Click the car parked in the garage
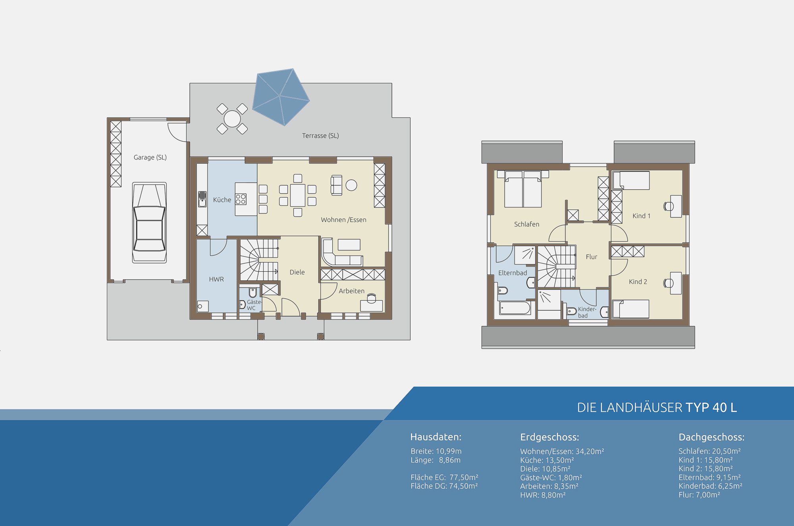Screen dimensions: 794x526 coord(149,223)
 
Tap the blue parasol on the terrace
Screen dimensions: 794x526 coord(281,97)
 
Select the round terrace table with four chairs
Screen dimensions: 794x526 coord(232,118)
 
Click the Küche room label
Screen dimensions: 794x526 coord(222,200)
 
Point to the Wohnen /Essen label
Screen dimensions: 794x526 coord(343,220)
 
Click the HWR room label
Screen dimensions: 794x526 coord(216,279)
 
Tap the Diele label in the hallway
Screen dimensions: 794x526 coord(297,272)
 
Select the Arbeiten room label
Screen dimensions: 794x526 coord(351,291)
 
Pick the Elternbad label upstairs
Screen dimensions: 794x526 coord(513,273)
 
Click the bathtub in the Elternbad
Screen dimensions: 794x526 coord(515,308)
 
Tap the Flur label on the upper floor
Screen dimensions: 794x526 coord(592,257)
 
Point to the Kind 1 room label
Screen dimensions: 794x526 coord(642,216)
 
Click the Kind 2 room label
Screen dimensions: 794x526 coord(638,282)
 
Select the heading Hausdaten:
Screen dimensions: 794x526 coord(436,437)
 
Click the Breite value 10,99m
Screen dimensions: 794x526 coord(449,451)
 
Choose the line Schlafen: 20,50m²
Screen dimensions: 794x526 coord(709,451)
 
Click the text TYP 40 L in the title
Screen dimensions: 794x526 coord(711,407)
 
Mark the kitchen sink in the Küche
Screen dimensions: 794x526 coord(202,199)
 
